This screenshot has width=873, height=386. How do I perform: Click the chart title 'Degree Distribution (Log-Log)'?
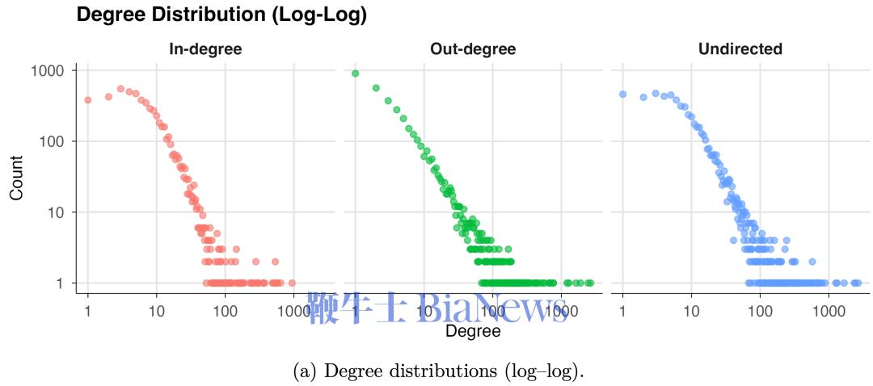[221, 15]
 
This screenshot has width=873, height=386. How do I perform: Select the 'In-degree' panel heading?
[205, 49]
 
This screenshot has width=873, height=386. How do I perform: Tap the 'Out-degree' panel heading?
[473, 49]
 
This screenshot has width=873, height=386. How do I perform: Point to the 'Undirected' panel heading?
[740, 49]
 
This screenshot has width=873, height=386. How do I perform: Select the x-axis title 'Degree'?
[473, 331]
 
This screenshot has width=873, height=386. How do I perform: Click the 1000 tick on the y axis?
[48, 71]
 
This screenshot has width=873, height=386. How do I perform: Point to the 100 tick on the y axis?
[53, 141]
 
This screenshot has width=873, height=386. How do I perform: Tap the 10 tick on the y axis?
[57, 212]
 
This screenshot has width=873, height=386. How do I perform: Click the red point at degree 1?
[87, 100]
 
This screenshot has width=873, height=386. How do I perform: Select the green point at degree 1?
[355, 73]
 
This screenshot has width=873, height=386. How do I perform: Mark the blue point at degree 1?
[622, 94]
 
